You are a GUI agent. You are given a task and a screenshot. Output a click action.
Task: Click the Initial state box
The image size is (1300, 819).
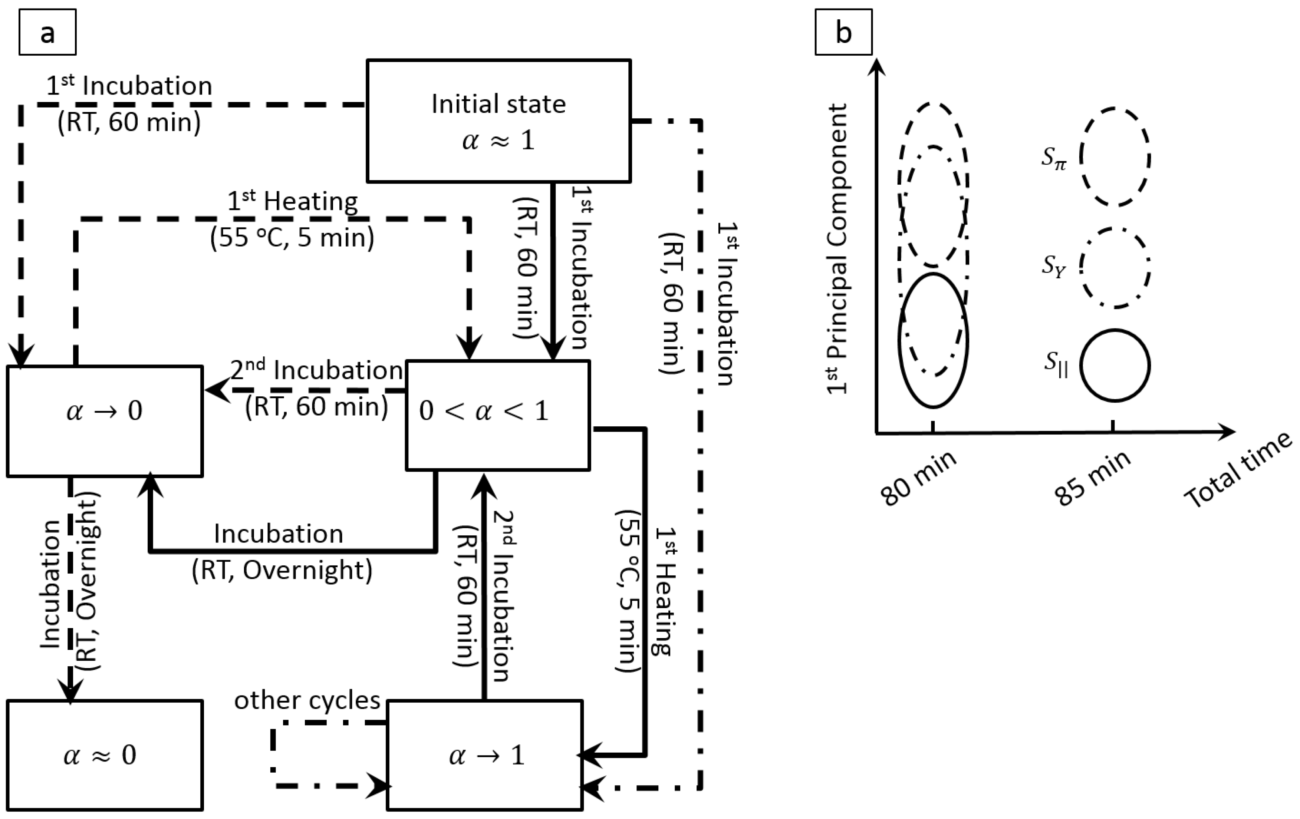[x=498, y=120]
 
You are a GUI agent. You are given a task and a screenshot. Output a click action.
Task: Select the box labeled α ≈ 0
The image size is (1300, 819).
[x=104, y=755]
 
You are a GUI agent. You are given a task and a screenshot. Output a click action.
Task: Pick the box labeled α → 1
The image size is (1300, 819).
[x=484, y=755]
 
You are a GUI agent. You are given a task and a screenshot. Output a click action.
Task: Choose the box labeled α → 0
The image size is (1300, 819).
[x=104, y=420]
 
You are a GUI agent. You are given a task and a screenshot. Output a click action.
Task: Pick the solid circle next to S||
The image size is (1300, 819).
[x=1115, y=365]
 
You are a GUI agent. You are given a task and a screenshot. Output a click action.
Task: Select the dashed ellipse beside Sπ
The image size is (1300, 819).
[x=1115, y=157]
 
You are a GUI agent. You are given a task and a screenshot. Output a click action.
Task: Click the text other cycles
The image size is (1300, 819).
[x=307, y=700]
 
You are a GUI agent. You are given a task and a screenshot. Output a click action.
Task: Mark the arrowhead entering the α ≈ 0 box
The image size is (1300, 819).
[x=70, y=692]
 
